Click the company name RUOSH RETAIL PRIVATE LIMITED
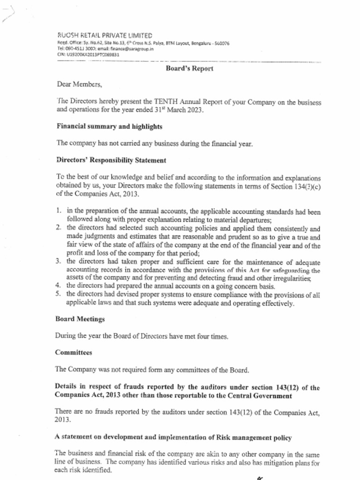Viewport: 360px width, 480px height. pyautogui.click(x=105, y=36)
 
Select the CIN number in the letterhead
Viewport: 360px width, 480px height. pyautogui.click(x=88, y=54)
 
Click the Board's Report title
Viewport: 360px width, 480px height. pyautogui.click(x=189, y=69)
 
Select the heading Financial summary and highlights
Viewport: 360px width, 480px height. pyautogui.click(x=110, y=127)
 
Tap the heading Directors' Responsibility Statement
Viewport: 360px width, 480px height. pyautogui.click(x=111, y=160)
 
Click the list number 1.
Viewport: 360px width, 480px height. pyautogui.click(x=59, y=211)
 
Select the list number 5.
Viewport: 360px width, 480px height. pyautogui.click(x=59, y=294)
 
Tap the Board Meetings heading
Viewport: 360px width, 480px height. pyautogui.click(x=80, y=319)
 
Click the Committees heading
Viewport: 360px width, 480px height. pyautogui.click(x=73, y=352)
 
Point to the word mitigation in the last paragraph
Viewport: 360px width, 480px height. pyautogui.click(x=278, y=463)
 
